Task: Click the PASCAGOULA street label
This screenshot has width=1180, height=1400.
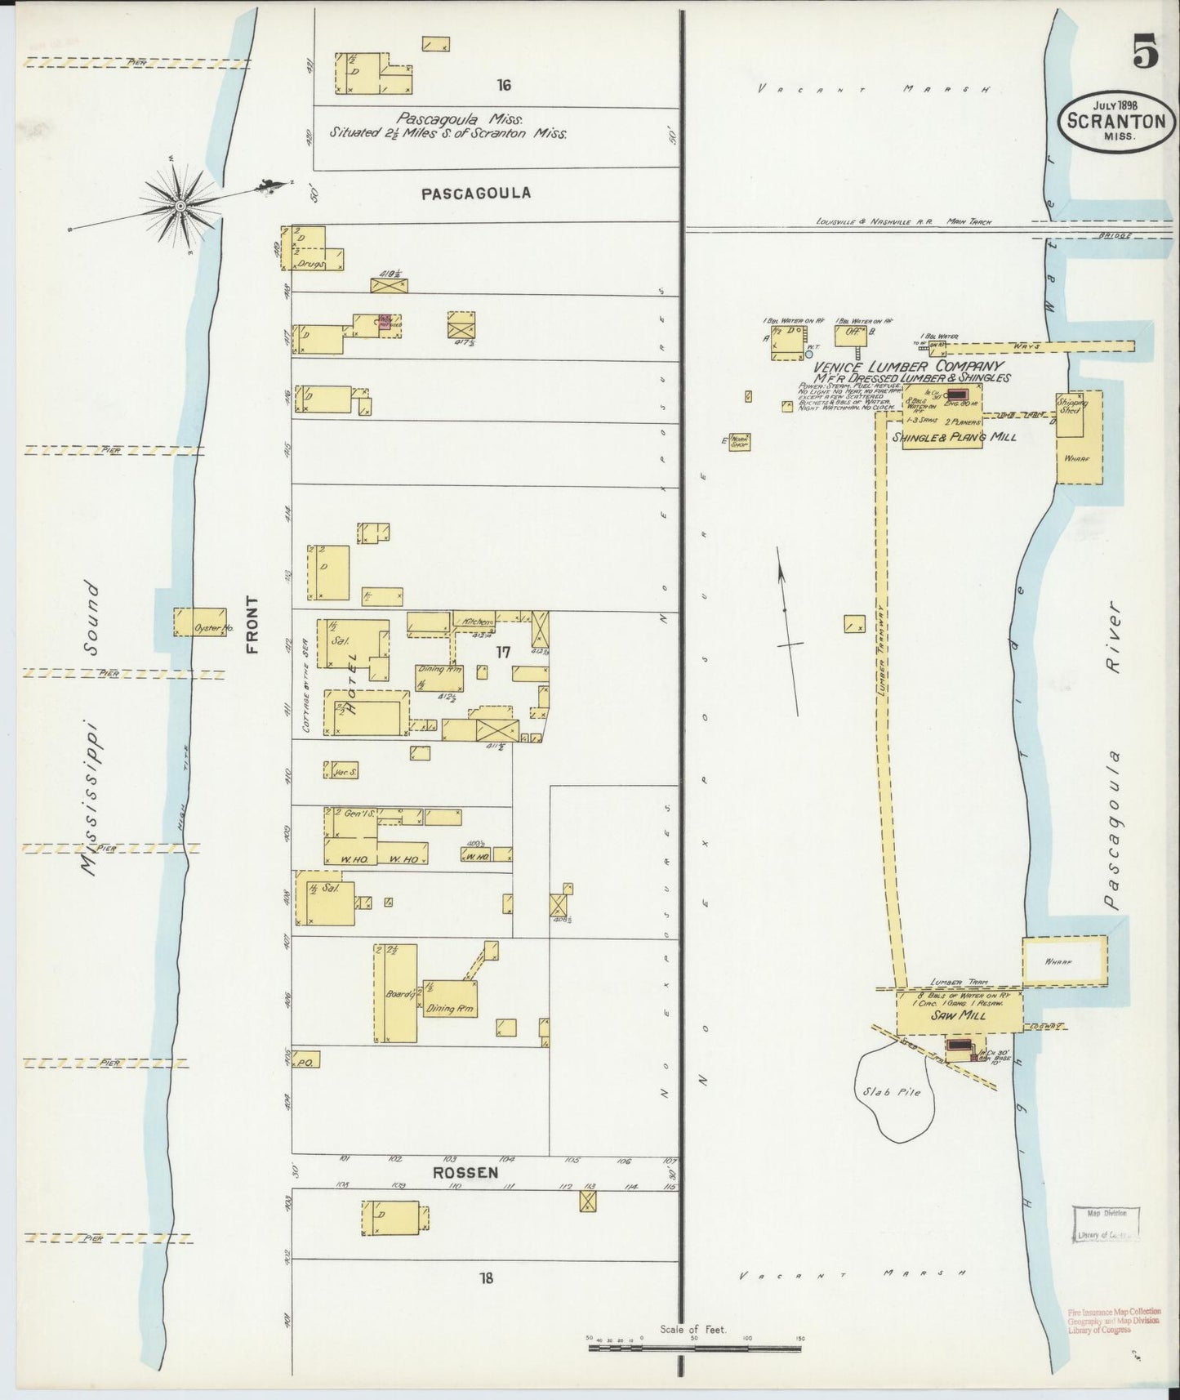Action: coord(476,194)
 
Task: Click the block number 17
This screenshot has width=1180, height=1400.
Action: coord(502,652)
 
